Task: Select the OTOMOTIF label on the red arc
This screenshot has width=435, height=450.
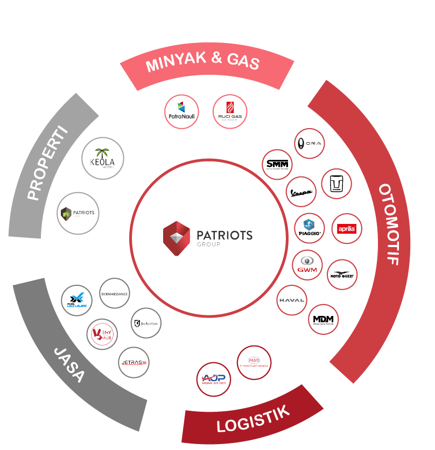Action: point(389,225)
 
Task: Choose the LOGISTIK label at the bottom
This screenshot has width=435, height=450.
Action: point(253,418)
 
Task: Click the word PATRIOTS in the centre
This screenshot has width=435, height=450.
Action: point(224,235)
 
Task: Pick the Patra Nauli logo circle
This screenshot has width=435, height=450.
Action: point(181,112)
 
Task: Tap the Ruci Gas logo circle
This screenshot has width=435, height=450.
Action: point(230,112)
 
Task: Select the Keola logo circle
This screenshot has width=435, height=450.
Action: point(103,158)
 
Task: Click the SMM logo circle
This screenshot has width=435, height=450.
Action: point(277,164)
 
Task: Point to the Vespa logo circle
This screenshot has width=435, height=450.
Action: point(301,191)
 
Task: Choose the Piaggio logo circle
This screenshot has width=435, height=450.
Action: point(310,228)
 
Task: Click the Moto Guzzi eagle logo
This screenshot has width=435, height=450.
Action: point(342,275)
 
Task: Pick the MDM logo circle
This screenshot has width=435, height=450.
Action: point(324,320)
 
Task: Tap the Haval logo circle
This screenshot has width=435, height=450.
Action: point(292,300)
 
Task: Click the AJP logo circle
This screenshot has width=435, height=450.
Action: point(213,379)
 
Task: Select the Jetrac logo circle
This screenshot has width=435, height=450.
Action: point(134,363)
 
